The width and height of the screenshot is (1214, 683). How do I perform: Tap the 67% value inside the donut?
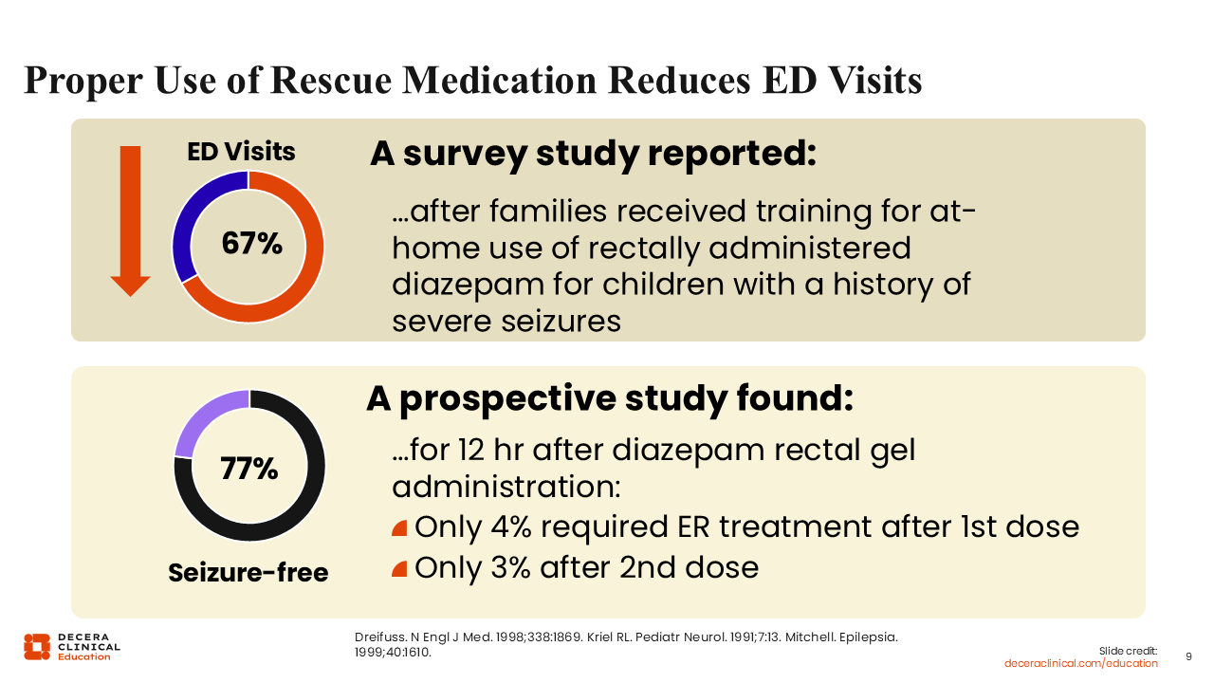coord(251,244)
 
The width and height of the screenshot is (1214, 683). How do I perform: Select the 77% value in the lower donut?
coord(248,469)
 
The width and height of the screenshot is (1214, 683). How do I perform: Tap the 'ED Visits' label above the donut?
coord(241,152)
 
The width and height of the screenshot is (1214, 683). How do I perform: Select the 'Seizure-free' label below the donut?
coord(248,573)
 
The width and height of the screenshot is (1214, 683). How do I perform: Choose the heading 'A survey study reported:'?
coord(593,154)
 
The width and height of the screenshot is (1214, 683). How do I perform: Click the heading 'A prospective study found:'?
coord(610,399)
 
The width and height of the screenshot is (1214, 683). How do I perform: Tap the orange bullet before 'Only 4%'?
coord(399,527)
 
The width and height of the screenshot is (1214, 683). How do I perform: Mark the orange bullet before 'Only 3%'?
coord(399,569)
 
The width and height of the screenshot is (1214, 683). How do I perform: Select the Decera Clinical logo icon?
coord(37,646)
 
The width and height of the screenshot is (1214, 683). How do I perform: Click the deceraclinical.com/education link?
coord(1080,663)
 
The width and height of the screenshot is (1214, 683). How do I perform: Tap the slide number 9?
coord(1189,656)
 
